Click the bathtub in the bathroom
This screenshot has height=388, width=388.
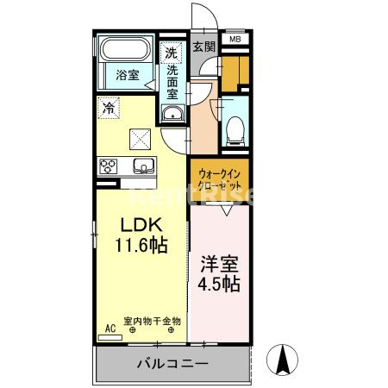click(126, 49)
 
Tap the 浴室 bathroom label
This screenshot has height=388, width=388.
click(128, 75)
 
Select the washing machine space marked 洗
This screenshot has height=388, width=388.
click(172, 53)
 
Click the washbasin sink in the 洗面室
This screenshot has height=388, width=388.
click(172, 114)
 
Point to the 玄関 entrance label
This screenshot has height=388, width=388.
click(203, 47)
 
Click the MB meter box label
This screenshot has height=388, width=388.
click(235, 40)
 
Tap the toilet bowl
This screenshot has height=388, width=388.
click(235, 131)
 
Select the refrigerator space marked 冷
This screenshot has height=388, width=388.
click(109, 108)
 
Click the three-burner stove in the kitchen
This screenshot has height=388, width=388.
click(108, 166)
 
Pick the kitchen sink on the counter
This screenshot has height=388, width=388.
click(144, 166)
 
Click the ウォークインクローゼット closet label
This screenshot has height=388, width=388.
click(220, 180)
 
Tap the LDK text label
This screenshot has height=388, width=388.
click(141, 225)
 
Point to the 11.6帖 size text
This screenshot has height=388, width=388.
click(141, 245)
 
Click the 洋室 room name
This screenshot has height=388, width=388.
click(219, 264)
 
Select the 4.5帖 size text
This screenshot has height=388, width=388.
click(219, 284)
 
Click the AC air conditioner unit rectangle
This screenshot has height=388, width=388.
click(110, 338)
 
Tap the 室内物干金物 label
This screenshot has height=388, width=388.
click(152, 321)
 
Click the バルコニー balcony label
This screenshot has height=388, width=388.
click(172, 364)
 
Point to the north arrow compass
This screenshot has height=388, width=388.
click(282, 360)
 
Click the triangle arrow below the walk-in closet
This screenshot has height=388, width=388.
click(227, 210)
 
